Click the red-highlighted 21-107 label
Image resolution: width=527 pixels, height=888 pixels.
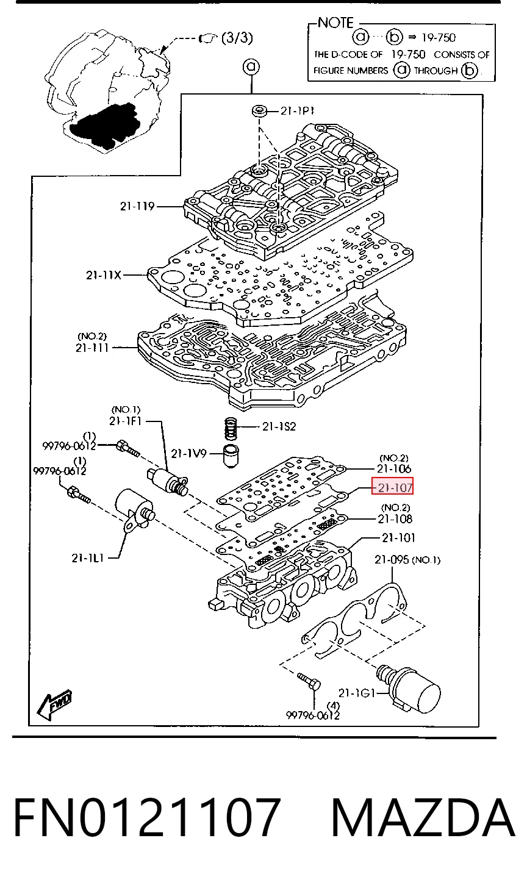point(393,486)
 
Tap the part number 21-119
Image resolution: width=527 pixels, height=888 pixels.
point(137,206)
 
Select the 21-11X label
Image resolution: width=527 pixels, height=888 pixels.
point(104,274)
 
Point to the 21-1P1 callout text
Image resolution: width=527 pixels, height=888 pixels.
point(298,111)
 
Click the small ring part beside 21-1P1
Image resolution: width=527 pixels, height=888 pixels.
point(259,110)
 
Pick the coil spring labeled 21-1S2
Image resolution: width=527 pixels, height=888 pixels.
point(231,429)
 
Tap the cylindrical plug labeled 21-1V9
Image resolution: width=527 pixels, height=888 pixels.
point(231,456)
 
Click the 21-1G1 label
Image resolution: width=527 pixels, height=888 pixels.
point(356,693)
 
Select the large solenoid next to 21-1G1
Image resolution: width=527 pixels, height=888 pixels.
point(409,688)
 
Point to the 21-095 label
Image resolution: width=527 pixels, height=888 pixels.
point(392,559)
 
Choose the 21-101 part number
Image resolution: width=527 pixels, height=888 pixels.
point(398,537)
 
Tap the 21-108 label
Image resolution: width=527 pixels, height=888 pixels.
point(395,518)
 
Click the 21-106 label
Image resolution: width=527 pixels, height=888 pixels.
point(394,468)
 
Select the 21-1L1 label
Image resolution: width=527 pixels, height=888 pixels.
point(88,558)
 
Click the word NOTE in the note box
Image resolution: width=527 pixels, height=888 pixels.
point(335,23)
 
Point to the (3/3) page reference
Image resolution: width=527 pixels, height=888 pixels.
point(237,38)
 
